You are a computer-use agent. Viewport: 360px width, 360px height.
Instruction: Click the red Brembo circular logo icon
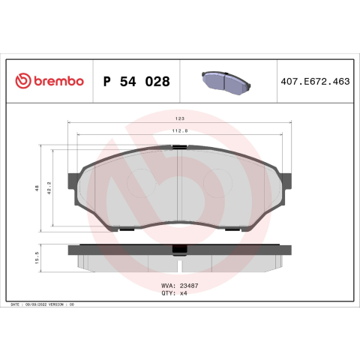23,81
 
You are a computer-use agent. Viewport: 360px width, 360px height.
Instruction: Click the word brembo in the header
58,81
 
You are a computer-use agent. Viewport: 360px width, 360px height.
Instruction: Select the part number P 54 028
136,82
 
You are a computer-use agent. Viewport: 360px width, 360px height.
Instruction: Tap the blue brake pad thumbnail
226,83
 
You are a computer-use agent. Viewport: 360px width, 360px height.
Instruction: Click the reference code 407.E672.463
315,82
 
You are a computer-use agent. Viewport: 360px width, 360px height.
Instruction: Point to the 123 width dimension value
180,118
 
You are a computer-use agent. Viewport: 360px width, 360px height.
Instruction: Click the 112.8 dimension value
180,130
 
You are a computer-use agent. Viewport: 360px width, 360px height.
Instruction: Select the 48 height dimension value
37,188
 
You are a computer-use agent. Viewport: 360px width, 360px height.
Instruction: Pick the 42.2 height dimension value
49,188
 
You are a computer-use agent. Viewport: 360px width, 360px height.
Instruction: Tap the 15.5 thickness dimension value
37,258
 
